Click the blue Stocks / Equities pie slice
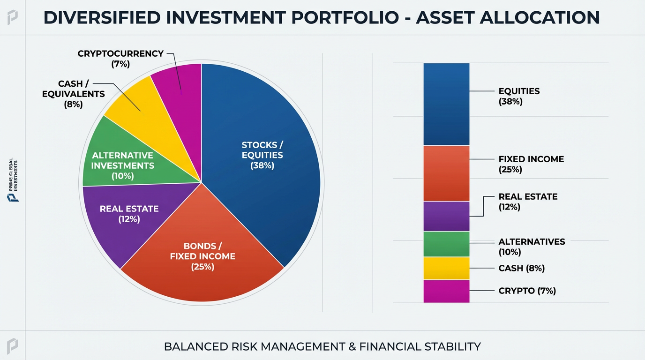(x=262, y=155)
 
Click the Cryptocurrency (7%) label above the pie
(x=120, y=59)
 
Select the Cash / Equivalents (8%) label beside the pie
(x=73, y=94)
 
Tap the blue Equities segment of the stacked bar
(x=446, y=104)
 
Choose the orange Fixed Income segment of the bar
(x=446, y=173)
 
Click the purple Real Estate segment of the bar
(x=446, y=216)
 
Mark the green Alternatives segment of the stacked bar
(x=446, y=244)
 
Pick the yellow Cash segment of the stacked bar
(x=446, y=268)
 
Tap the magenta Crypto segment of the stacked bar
(x=446, y=291)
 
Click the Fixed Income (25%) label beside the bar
(x=531, y=164)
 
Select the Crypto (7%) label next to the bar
(x=527, y=291)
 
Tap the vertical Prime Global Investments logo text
(x=14, y=180)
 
